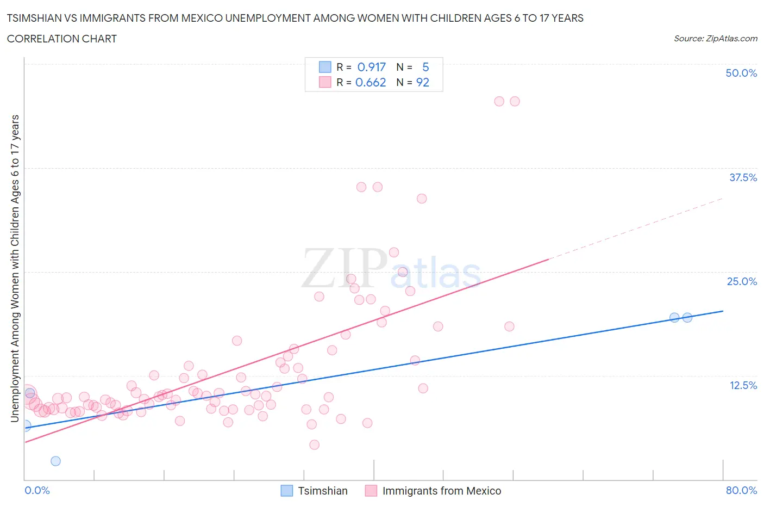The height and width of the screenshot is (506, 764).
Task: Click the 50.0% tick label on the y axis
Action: (x=741, y=73)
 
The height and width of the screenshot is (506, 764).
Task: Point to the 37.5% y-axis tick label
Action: (x=742, y=177)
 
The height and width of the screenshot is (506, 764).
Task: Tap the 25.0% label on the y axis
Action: (x=741, y=281)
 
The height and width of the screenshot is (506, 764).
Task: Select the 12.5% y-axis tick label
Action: (x=742, y=385)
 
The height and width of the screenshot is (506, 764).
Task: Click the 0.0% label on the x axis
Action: (x=37, y=490)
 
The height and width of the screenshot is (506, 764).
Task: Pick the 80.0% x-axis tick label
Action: (x=741, y=490)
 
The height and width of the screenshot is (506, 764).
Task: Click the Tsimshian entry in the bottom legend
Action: (x=322, y=491)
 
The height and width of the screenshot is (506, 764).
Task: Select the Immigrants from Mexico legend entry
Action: (x=441, y=491)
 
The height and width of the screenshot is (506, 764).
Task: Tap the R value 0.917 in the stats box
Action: (x=371, y=67)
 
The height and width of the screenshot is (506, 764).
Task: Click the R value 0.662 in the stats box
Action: (x=371, y=82)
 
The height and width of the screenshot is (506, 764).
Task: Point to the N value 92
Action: (x=422, y=82)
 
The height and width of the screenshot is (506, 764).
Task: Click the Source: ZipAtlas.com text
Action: (x=715, y=39)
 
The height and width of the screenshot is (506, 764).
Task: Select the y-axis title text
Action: (x=15, y=268)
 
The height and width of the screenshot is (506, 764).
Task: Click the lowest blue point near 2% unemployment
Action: (x=55, y=461)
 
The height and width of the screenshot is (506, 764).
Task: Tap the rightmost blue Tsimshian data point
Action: (x=687, y=317)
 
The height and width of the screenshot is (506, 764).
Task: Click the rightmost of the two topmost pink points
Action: (x=515, y=101)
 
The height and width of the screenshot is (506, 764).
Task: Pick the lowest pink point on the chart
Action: (x=314, y=445)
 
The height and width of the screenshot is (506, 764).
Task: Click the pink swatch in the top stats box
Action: (x=325, y=82)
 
